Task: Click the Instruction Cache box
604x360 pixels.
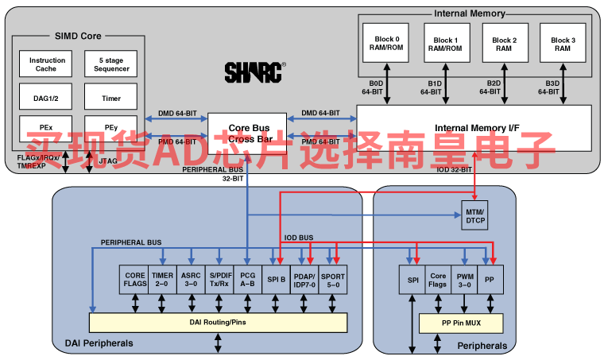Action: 47,64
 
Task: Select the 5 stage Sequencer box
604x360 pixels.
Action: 111,64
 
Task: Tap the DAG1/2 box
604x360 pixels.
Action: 47,99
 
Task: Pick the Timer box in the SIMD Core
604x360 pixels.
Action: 111,99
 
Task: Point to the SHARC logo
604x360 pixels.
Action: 254,72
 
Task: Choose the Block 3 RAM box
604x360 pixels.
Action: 562,45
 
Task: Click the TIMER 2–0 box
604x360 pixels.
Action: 162,279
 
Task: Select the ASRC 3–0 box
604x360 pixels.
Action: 191,279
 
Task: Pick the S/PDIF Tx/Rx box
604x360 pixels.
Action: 219,279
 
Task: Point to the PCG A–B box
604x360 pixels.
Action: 248,279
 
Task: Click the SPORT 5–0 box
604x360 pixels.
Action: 333,279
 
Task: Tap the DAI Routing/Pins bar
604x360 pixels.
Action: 218,322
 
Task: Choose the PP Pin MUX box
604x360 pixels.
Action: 463,323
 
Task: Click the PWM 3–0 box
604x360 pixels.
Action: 463,279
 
